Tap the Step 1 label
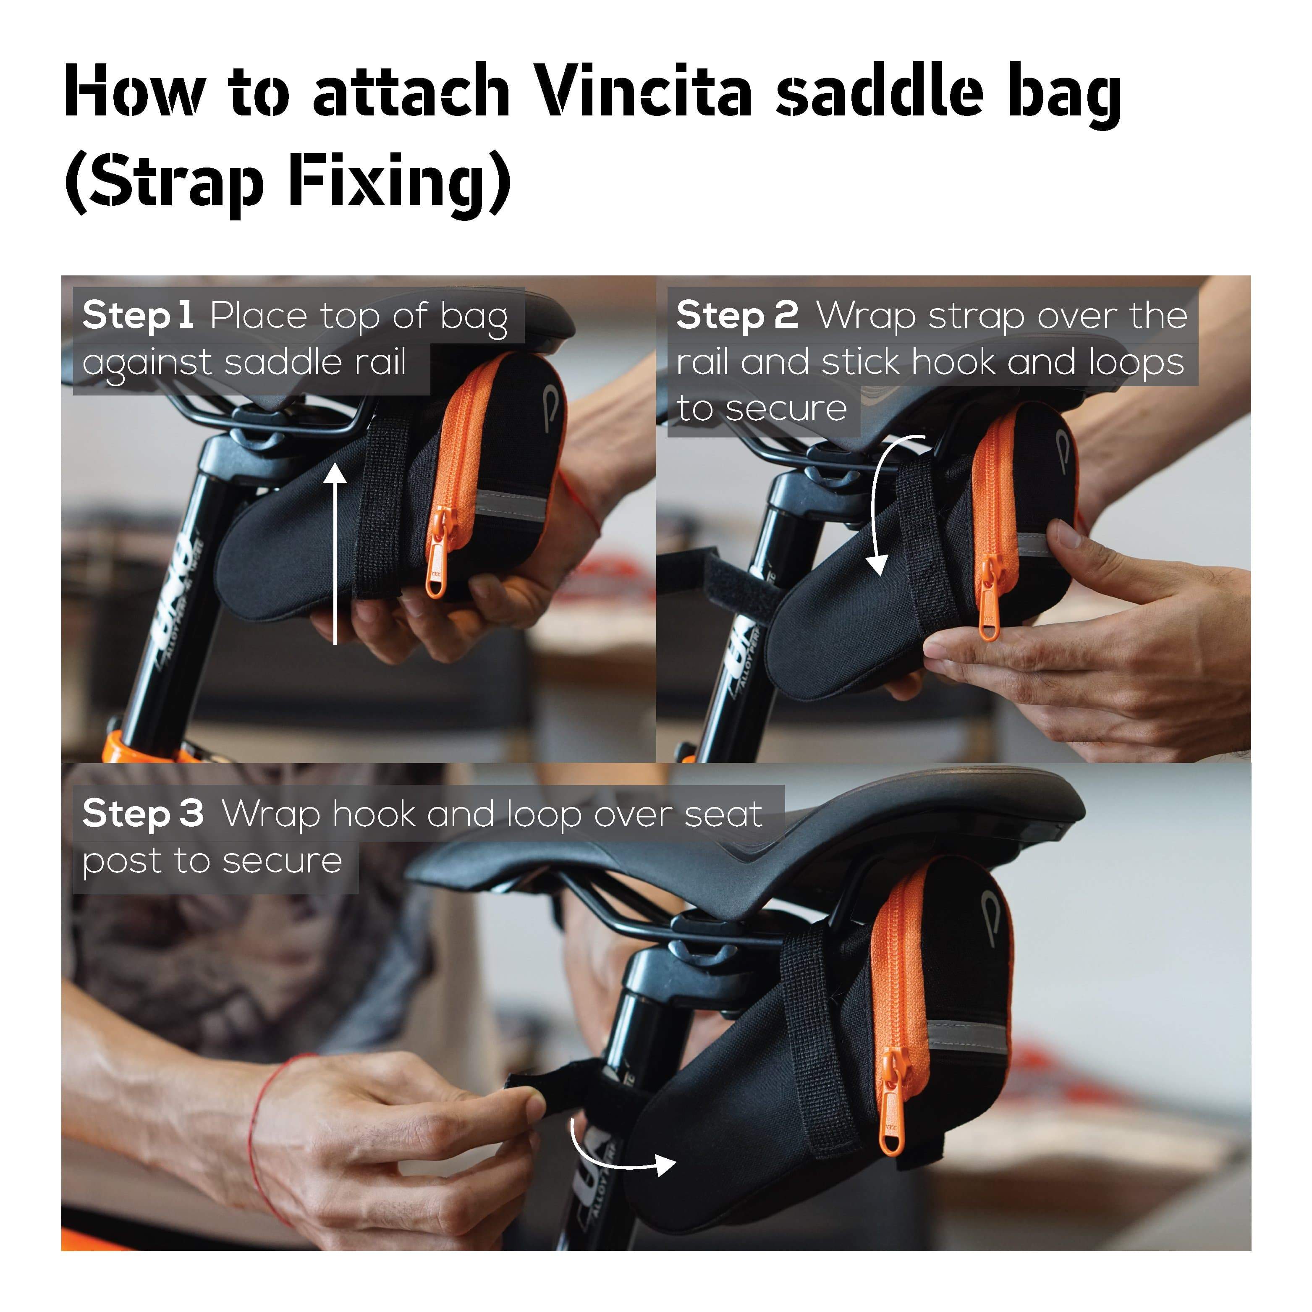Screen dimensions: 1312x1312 138,316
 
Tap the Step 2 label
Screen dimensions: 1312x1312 737,316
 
